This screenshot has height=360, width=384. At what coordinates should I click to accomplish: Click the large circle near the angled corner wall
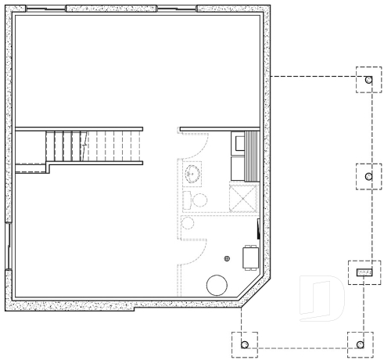click(x=217, y=285)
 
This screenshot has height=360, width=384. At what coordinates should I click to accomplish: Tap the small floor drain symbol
click(x=228, y=257)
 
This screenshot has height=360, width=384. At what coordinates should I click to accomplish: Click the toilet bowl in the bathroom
click(x=199, y=200)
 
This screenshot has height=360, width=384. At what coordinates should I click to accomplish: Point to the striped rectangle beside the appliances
click(x=253, y=157)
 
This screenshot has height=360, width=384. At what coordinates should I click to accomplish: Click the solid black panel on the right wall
click(x=258, y=231)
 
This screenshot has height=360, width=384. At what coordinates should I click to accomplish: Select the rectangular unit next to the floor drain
click(x=250, y=257)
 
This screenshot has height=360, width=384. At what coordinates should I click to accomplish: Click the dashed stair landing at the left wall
click(x=29, y=149)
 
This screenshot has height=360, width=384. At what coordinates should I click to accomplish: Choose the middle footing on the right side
click(x=368, y=176)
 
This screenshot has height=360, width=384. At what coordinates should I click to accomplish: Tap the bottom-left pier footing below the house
click(x=245, y=344)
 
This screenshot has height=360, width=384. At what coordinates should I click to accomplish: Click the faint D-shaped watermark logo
click(x=321, y=298)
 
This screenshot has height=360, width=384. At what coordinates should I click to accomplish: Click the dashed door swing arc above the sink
click(x=196, y=145)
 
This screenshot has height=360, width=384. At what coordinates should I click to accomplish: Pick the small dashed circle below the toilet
click(x=188, y=223)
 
